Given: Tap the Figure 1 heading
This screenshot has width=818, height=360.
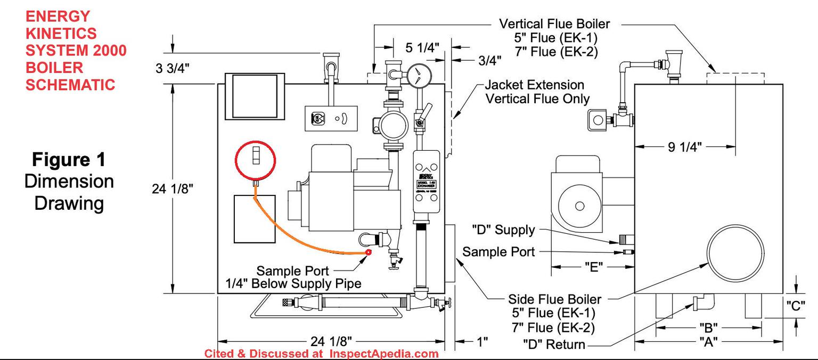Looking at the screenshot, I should (69, 159).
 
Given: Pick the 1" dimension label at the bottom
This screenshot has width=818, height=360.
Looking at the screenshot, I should (481, 341).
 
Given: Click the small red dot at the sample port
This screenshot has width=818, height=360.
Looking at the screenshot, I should (368, 252).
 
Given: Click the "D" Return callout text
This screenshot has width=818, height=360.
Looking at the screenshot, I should (554, 345).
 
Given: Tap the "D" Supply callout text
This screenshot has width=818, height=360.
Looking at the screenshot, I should (503, 230).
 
